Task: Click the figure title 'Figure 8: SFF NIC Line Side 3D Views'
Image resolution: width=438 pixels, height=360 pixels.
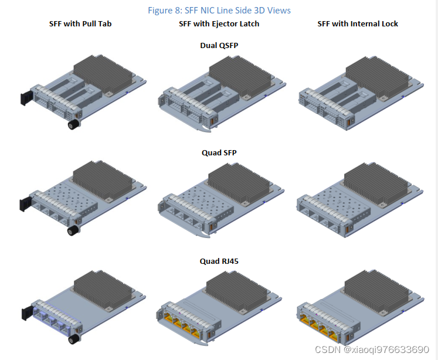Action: coord(219,10)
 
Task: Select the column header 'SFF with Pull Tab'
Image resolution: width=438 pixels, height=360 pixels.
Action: coord(80,24)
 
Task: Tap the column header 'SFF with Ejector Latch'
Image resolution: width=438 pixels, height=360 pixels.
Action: coord(219,24)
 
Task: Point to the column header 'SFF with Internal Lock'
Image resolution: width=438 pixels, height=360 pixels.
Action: coord(358,24)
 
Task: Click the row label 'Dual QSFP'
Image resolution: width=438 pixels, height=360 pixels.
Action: coord(219,45)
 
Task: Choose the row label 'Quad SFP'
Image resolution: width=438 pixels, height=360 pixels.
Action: coord(219,153)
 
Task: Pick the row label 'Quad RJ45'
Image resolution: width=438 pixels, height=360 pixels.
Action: coord(219,261)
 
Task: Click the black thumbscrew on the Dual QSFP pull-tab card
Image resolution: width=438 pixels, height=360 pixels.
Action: coord(74,125)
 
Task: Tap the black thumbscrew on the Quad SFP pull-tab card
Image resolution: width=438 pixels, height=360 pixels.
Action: coord(74,232)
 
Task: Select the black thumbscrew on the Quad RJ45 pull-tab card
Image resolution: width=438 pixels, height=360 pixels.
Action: coord(73,339)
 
